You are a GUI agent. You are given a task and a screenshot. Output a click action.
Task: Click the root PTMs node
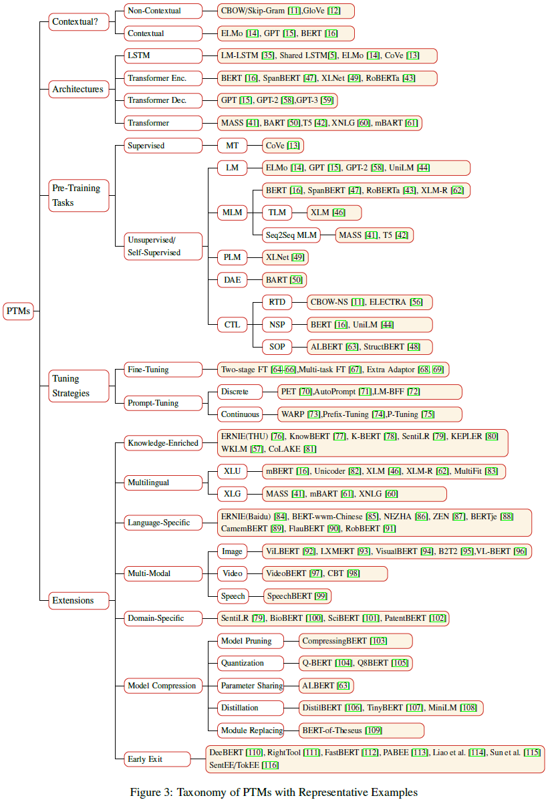[x=18, y=311]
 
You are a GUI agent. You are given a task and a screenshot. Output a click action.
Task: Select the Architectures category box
[x=79, y=89]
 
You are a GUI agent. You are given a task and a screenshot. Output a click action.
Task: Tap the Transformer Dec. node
[x=163, y=101]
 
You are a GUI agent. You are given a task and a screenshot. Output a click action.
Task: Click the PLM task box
[x=232, y=257]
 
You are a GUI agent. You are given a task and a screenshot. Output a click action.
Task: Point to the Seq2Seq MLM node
[x=291, y=235]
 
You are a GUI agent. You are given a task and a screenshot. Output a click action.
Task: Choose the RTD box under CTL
[x=277, y=302]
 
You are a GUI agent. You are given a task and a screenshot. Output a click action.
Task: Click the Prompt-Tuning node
[x=163, y=403]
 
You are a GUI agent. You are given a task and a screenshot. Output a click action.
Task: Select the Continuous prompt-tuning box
[x=240, y=414]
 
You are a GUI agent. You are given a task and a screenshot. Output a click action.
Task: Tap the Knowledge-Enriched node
[x=163, y=443]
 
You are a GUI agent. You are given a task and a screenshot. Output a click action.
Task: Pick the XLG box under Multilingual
[x=232, y=494]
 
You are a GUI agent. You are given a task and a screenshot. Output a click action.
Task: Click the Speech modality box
[x=233, y=596]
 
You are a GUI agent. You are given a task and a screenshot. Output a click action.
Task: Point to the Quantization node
[x=251, y=663]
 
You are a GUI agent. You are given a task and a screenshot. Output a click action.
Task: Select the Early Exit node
[x=157, y=759]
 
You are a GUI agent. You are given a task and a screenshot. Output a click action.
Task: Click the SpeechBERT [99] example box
[x=297, y=596]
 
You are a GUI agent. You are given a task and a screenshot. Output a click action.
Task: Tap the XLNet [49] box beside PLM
[x=285, y=257]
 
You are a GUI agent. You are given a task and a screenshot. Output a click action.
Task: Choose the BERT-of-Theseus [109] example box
[x=362, y=730]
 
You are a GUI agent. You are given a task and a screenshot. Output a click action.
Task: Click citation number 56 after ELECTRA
[x=416, y=302]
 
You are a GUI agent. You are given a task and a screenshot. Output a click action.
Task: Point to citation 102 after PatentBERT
[x=438, y=618]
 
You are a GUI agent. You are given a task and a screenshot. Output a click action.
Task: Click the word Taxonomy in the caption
[x=208, y=793]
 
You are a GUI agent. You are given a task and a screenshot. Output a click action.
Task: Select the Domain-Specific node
[x=163, y=618]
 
